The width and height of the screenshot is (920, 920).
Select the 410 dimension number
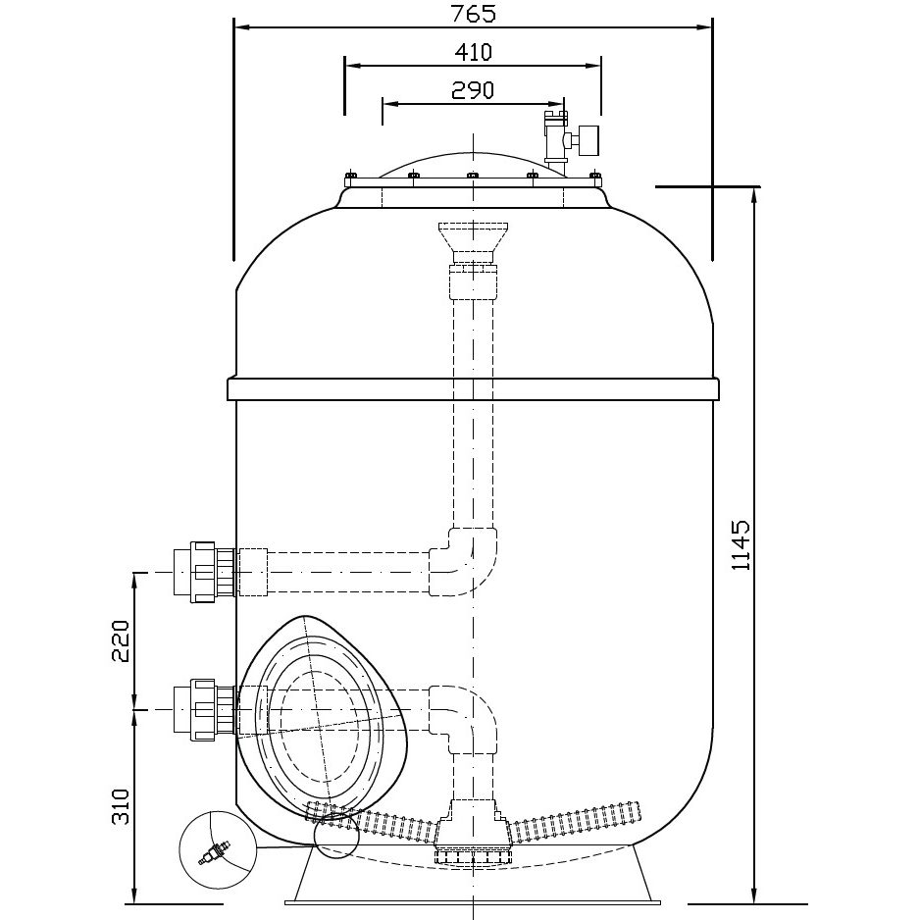pyautogui.click(x=472, y=52)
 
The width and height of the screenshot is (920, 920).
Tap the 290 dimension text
pyautogui.click(x=472, y=89)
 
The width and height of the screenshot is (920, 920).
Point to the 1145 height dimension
pyautogui.click(x=742, y=544)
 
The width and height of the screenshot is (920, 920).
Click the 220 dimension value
pyautogui.click(x=121, y=639)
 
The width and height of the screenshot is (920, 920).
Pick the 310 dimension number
pyautogui.click(x=121, y=804)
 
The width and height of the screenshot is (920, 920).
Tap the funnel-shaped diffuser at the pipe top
pyautogui.click(x=473, y=237)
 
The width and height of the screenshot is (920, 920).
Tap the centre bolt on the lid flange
pyautogui.click(x=472, y=177)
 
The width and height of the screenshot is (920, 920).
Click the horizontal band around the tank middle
pyautogui.click(x=473, y=388)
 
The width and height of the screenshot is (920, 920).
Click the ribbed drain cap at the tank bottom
pyautogui.click(x=472, y=855)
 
